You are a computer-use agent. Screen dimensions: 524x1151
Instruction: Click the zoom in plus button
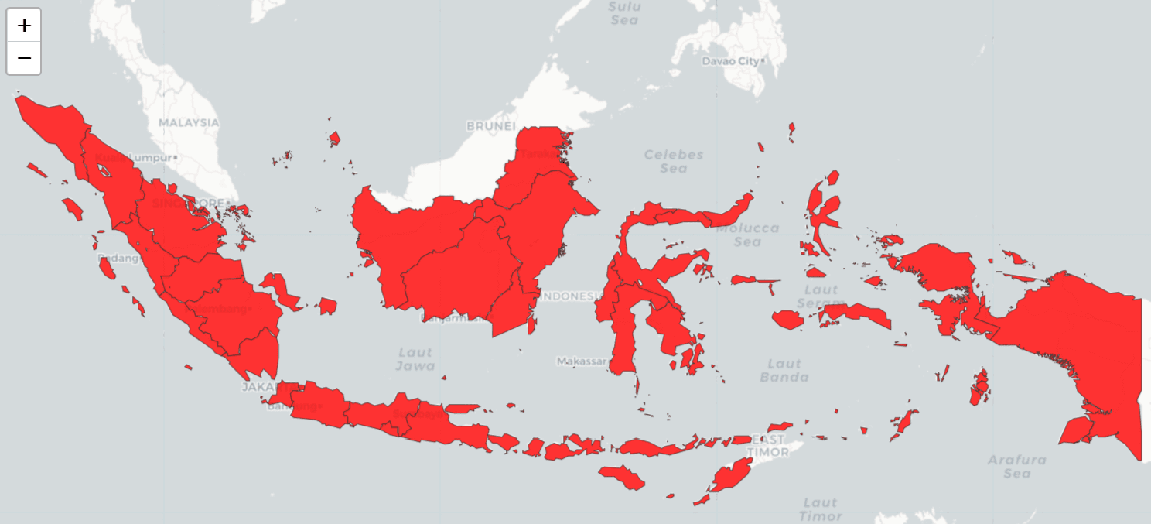[x=24, y=26]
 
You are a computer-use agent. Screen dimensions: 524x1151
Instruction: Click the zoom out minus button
[x=24, y=58]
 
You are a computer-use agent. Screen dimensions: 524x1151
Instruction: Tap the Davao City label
[x=731, y=60]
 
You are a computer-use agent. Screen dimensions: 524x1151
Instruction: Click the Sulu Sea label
[x=624, y=13]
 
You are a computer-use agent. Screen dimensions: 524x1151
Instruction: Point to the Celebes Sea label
[x=674, y=161]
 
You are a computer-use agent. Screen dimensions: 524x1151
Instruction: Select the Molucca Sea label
[x=747, y=235]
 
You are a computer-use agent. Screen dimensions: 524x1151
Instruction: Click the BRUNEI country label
[x=490, y=125]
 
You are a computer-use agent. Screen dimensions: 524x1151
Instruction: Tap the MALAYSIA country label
[x=189, y=122]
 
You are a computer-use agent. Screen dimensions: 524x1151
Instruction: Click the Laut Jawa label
[x=415, y=359]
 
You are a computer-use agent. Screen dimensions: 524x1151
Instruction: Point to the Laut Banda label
[x=784, y=370]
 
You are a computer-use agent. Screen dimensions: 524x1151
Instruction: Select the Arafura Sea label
[x=1017, y=466]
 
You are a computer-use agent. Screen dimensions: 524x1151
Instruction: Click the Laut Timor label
[x=820, y=509]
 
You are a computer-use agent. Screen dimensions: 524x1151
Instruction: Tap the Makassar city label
[x=582, y=361]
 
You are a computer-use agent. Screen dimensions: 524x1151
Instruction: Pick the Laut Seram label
[x=818, y=296]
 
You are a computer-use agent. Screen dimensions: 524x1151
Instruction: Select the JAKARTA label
[x=263, y=386]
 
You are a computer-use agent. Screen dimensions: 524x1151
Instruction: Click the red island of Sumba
[x=621, y=477]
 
